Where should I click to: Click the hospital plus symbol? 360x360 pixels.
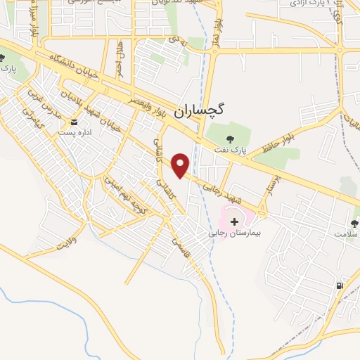coord(234,221)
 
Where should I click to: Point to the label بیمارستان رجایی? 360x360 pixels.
coord(235,233)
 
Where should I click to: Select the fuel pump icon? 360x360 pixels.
coord(341,285)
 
